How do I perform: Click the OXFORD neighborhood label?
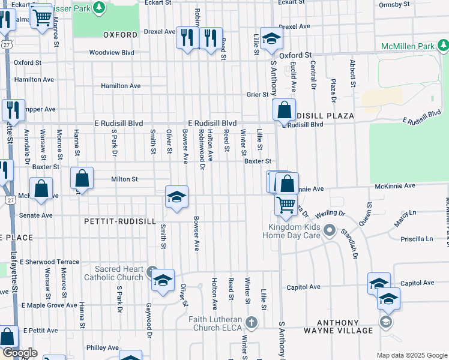(x=120, y=35)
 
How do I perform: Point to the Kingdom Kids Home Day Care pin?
(x=329, y=230)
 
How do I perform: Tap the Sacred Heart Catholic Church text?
(x=113, y=273)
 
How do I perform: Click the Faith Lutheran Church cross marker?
(x=251, y=323)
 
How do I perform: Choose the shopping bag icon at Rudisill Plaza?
(x=283, y=110)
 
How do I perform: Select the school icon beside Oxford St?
(x=271, y=39)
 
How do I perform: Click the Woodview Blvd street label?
(x=112, y=53)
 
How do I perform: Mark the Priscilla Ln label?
(x=416, y=239)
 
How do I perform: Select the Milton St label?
(x=124, y=179)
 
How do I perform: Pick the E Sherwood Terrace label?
(x=49, y=262)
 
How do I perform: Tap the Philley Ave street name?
(x=102, y=347)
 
